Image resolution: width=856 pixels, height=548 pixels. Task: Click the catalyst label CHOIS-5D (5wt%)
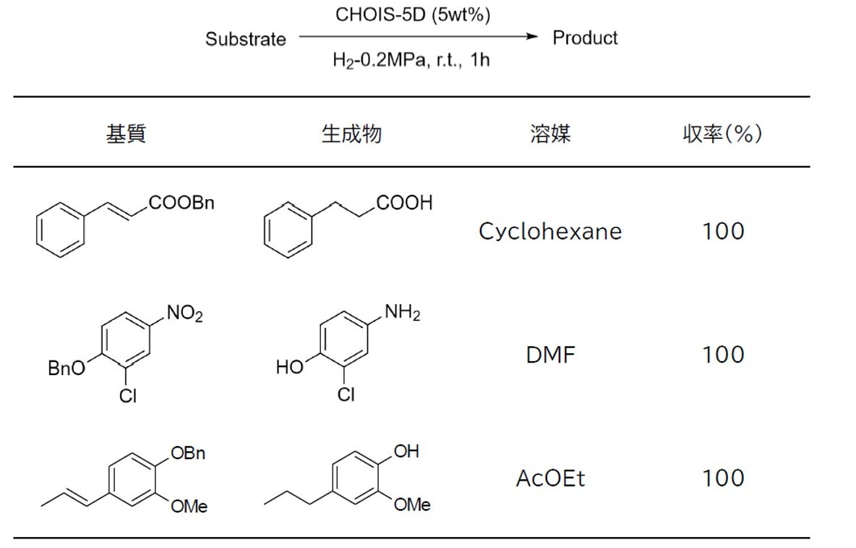point(412,16)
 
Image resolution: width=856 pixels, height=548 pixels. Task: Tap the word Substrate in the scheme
point(245,39)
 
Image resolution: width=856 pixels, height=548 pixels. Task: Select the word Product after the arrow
point(585,38)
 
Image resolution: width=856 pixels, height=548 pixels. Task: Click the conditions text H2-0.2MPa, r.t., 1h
point(411,60)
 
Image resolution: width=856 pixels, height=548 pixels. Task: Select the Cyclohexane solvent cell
point(550,232)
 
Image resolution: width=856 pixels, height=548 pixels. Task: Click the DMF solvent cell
point(550,355)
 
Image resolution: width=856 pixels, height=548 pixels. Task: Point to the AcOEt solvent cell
point(550,479)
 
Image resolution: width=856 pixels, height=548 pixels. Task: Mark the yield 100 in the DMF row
point(723,355)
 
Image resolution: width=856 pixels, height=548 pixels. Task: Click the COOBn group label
point(182,203)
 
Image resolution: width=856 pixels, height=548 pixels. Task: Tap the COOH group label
point(404,203)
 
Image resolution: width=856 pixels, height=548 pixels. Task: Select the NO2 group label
point(185,314)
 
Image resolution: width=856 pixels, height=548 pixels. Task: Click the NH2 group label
point(402,314)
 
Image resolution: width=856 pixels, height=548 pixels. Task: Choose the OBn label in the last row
point(188,453)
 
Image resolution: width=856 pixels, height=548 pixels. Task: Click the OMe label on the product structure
point(412,505)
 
